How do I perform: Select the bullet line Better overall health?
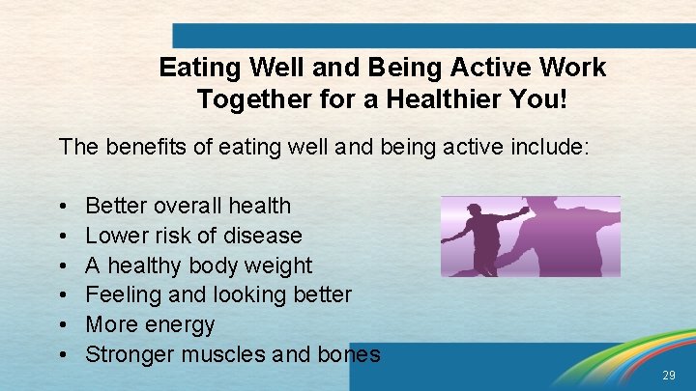click(x=188, y=206)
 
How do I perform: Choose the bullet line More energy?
click(x=150, y=324)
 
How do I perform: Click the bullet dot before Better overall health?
click(x=62, y=207)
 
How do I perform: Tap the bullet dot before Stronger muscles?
click(x=62, y=355)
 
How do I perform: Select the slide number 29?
click(x=670, y=375)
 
